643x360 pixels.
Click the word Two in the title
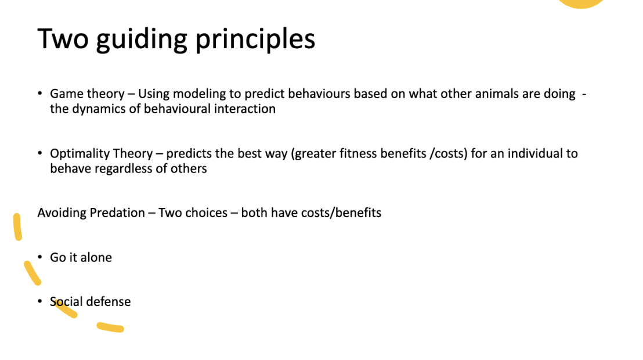pyautogui.click(x=63, y=39)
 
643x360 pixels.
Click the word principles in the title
pyautogui.click(x=255, y=40)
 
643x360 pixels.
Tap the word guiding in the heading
pyautogui.click(x=142, y=40)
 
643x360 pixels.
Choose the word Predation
pyautogui.click(x=117, y=213)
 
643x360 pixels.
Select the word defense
pyautogui.click(x=109, y=302)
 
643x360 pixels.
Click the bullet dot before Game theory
pyautogui.click(x=40, y=93)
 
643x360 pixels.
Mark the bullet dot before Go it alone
pyautogui.click(x=40, y=257)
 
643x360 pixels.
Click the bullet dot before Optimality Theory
pyautogui.click(x=40, y=153)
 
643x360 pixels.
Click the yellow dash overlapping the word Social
pyautogui.click(x=64, y=308)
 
